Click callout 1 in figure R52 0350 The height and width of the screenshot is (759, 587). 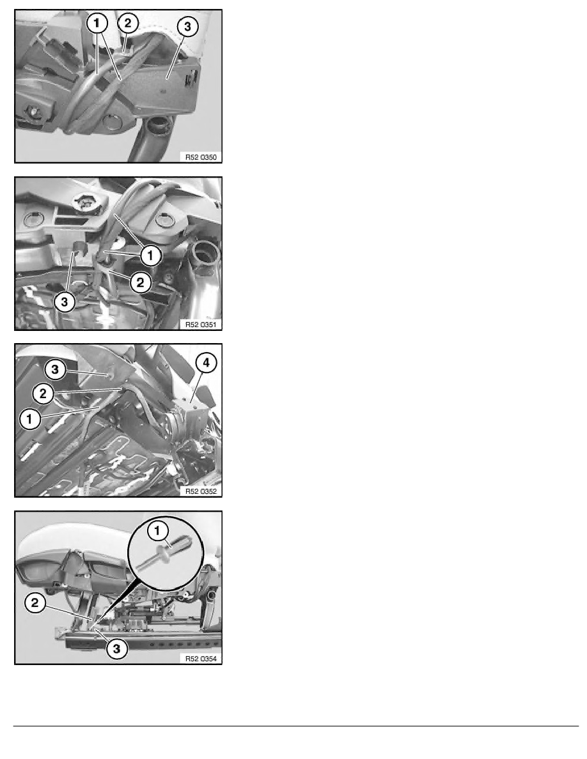click(x=97, y=23)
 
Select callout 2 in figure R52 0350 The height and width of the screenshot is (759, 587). click(x=127, y=22)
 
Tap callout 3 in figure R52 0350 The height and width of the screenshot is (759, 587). click(x=187, y=27)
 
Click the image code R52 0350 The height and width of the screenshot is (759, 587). click(x=201, y=157)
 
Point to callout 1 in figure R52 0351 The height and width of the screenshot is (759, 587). click(x=150, y=255)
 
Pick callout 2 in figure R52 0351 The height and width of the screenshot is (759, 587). click(x=140, y=282)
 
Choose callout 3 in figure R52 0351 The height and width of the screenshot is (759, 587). click(x=65, y=303)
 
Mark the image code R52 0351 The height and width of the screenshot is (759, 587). click(x=201, y=325)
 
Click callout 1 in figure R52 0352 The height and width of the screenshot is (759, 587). click(x=29, y=419)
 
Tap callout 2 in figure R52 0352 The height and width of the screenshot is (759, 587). click(x=43, y=394)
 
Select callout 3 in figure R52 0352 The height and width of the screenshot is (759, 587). click(x=55, y=370)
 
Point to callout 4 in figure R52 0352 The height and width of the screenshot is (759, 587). click(x=207, y=362)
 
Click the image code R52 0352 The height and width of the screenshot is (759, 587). click(x=201, y=491)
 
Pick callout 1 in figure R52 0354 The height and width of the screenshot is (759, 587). click(x=157, y=531)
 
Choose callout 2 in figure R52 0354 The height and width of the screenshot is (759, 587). click(x=35, y=603)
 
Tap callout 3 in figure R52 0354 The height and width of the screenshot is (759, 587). click(x=116, y=648)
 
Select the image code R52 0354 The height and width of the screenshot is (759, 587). click(x=201, y=658)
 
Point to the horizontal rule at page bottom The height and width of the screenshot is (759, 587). click(x=296, y=726)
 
